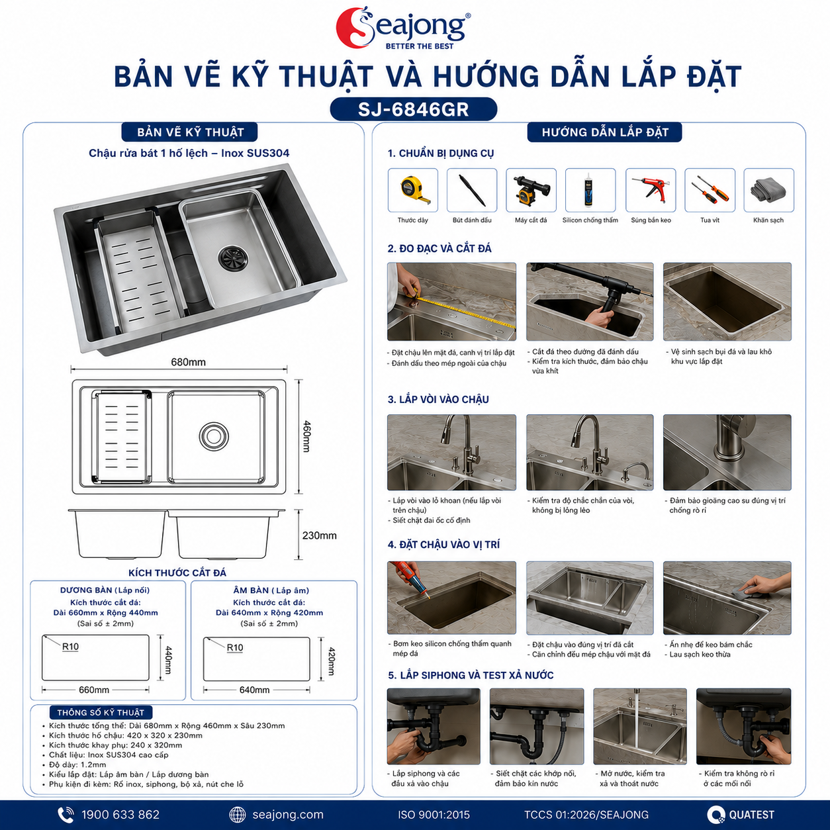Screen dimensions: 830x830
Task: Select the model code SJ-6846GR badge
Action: pos(414,109)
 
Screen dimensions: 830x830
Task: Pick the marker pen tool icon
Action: pos(472,190)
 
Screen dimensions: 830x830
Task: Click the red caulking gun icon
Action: pos(651,191)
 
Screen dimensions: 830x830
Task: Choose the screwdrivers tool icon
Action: pos(710,190)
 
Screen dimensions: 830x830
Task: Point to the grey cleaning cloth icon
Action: pos(768,189)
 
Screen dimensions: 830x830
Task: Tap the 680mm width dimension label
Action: pos(188,362)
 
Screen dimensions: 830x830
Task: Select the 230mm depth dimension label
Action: pos(319,535)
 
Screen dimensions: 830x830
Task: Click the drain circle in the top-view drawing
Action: pos(213,436)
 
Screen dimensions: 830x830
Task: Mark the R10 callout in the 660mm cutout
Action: pos(71,647)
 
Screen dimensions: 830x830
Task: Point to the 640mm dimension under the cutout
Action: pos(255,690)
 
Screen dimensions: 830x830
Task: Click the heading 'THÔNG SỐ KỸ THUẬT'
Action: pos(101,712)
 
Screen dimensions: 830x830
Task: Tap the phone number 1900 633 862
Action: pos(120,815)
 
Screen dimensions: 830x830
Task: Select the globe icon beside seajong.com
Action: pos(238,815)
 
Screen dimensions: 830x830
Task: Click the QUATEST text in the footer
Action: pos(751,815)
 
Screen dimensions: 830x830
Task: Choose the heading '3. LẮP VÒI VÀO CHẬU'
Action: pos(438,399)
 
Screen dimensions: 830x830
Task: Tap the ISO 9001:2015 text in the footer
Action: pos(434,815)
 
